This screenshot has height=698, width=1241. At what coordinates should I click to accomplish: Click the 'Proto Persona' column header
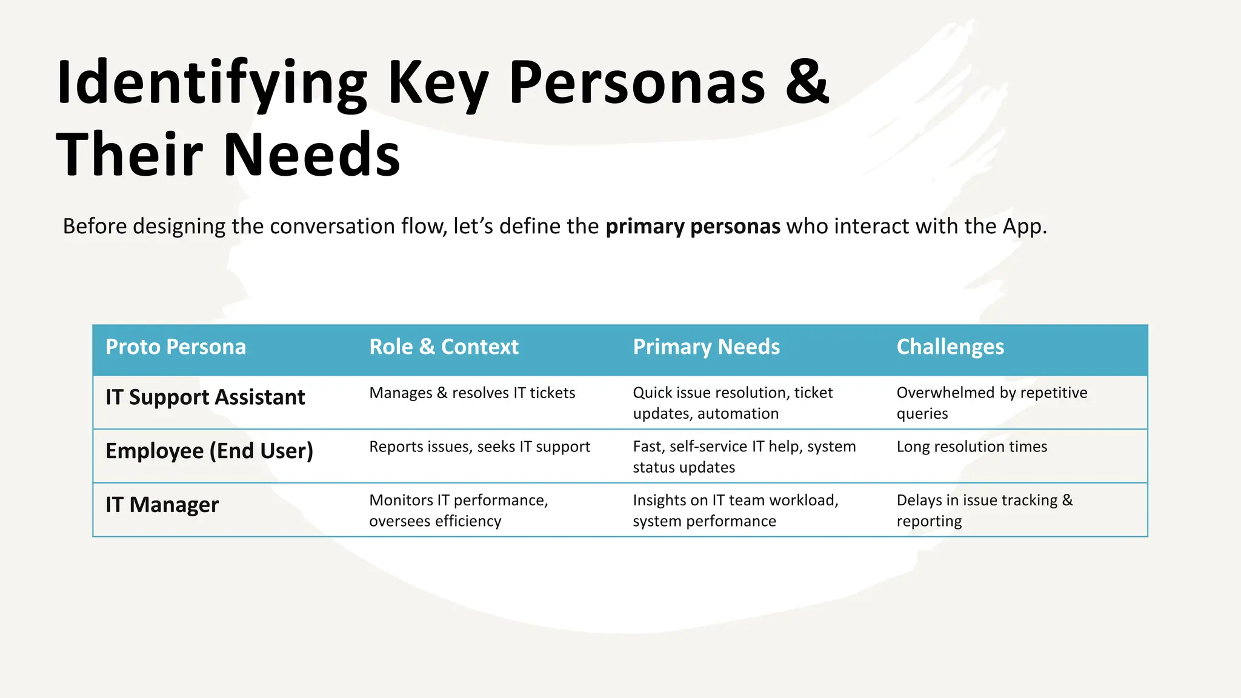tap(176, 347)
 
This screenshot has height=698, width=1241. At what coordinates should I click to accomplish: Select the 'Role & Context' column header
tap(444, 347)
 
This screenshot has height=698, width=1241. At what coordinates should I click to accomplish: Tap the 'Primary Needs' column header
tap(706, 347)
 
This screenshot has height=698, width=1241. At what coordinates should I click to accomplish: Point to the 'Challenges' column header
tap(950, 347)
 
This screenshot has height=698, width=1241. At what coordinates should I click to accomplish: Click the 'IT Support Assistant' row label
tap(205, 397)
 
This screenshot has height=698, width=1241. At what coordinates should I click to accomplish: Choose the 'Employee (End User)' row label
tap(209, 451)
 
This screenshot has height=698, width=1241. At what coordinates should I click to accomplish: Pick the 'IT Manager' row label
tap(162, 505)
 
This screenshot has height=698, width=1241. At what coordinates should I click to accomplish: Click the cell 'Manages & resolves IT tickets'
tap(472, 393)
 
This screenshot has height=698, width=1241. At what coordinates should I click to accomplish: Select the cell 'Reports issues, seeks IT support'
tap(479, 447)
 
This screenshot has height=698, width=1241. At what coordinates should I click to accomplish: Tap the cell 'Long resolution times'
tap(971, 447)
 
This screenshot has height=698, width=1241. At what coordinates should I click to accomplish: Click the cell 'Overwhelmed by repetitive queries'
tap(991, 403)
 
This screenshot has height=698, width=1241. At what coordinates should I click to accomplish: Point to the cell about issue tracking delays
tap(984, 510)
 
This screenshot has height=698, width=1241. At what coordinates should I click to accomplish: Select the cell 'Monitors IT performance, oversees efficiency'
tap(458, 510)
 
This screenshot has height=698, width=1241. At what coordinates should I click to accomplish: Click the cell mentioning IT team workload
tap(735, 510)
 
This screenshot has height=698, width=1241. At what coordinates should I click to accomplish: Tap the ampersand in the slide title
tap(807, 82)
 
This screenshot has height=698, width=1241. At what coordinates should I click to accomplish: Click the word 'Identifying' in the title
tap(211, 84)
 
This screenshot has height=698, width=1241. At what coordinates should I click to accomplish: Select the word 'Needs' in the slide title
tap(312, 155)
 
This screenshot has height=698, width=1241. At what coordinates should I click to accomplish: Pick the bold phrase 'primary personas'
tap(693, 227)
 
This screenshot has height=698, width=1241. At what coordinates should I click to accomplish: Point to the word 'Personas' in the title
tap(637, 82)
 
